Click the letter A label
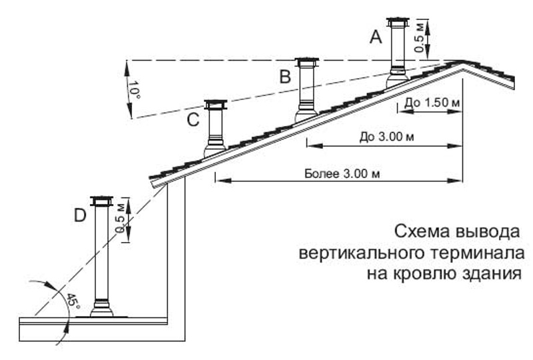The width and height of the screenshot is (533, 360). [x=376, y=39]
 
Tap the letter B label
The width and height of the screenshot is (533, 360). [x=285, y=77]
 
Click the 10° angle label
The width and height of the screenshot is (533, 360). [x=136, y=90]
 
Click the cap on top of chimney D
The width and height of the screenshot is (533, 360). [x=102, y=201]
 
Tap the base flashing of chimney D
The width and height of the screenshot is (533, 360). [x=103, y=309]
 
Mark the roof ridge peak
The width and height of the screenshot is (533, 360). [x=462, y=61]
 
